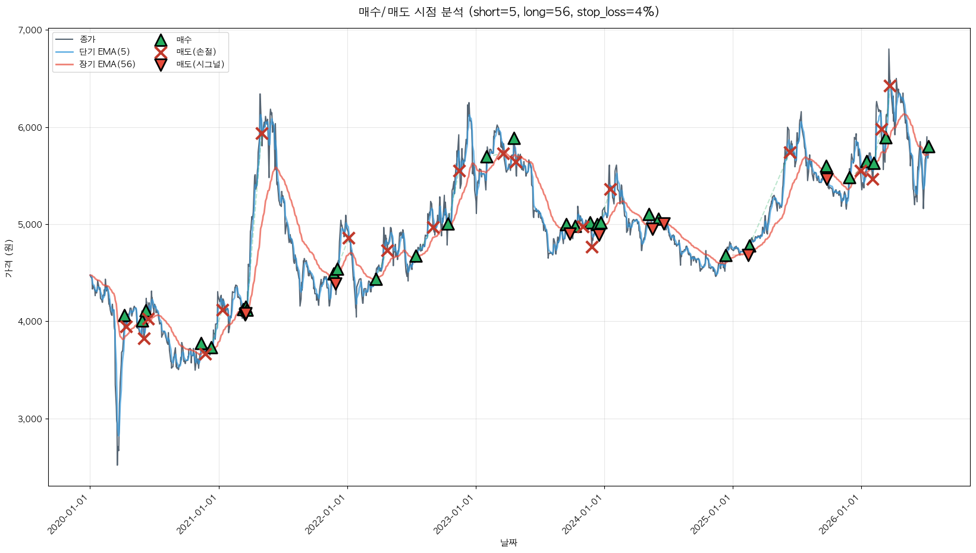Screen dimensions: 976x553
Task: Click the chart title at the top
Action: pyautogui.click(x=509, y=12)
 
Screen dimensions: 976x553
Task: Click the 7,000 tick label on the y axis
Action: pyautogui.click(x=30, y=30)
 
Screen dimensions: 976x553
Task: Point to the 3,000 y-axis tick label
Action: pyautogui.click(x=30, y=419)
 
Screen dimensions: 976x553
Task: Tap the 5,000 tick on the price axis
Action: pyautogui.click(x=30, y=224)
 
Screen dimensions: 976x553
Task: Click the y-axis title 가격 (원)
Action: pyautogui.click(x=9, y=258)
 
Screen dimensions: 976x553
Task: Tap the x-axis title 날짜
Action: pyautogui.click(x=509, y=543)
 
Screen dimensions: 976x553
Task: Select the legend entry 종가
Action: pyautogui.click(x=87, y=40)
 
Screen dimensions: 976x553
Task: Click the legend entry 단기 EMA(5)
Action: pyautogui.click(x=105, y=52)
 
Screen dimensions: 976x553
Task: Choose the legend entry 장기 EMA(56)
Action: pyautogui.click(x=107, y=64)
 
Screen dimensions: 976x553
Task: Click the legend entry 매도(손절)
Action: pyautogui.click(x=196, y=52)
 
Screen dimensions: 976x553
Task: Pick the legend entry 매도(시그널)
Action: pyautogui.click(x=200, y=64)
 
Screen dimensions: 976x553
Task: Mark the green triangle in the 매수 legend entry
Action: pyautogui.click(x=161, y=40)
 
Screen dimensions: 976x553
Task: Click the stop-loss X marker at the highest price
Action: pyautogui.click(x=890, y=86)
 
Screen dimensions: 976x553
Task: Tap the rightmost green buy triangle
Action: pyautogui.click(x=928, y=147)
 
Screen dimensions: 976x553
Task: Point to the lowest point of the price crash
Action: pyautogui.click(x=117, y=465)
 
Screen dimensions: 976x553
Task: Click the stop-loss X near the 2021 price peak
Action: pyautogui.click(x=262, y=133)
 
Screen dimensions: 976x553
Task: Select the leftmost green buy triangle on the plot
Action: pyautogui.click(x=125, y=316)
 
